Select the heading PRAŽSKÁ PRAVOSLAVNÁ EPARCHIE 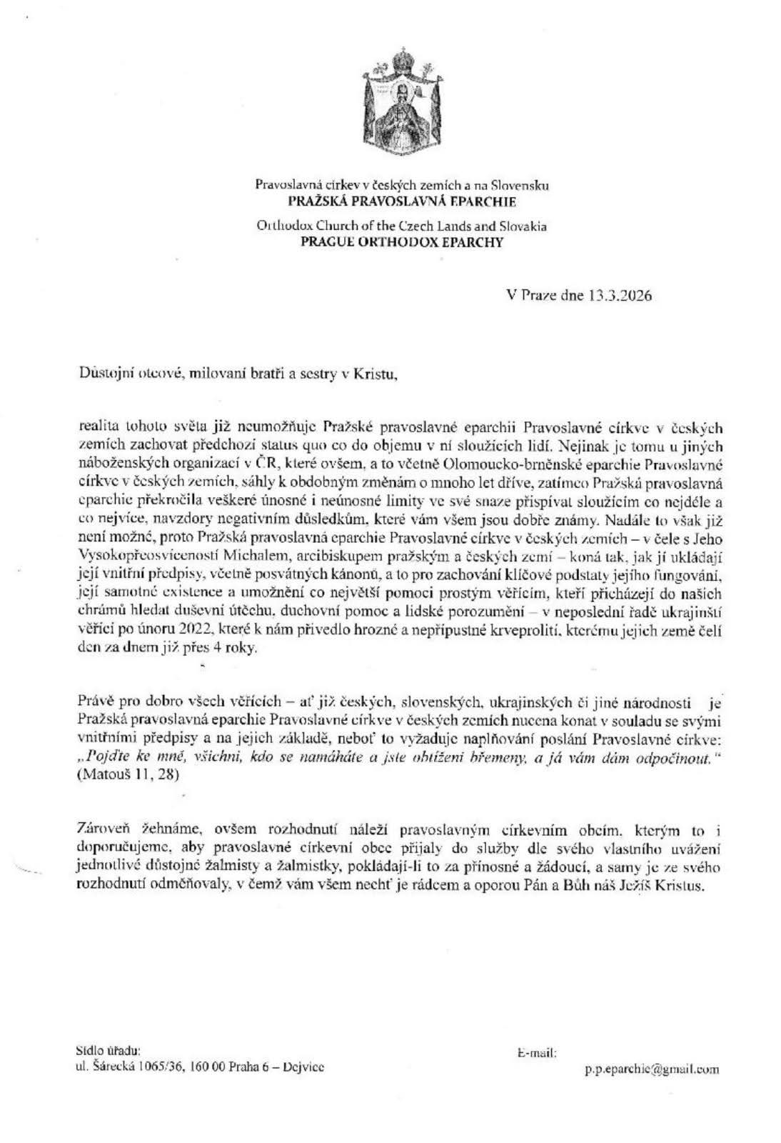(x=402, y=202)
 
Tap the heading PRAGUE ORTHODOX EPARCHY (x=402, y=242)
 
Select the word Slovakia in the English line (x=522, y=226)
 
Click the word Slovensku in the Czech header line (x=523, y=185)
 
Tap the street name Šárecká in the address (x=107, y=1067)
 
